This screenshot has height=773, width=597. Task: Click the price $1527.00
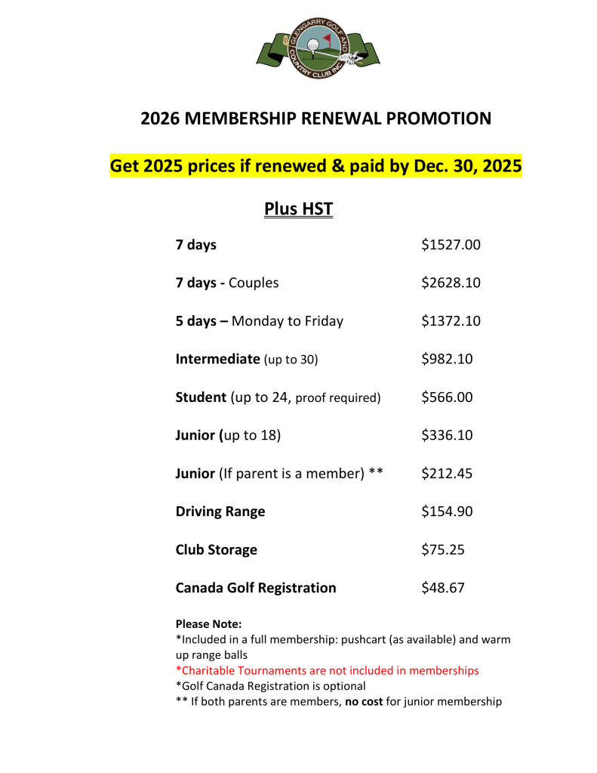[x=451, y=245]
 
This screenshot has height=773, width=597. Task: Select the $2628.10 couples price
[x=451, y=283]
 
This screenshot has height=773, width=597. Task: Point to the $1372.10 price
[x=451, y=321]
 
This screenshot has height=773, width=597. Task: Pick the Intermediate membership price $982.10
[x=447, y=359]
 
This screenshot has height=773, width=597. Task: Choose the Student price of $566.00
[x=447, y=397]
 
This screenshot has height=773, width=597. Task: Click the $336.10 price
[x=447, y=435]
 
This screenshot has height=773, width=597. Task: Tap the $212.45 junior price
[x=447, y=474]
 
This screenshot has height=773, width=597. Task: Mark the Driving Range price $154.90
[x=447, y=512]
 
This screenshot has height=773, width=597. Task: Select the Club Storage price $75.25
[x=443, y=549]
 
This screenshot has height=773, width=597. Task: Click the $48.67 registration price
[x=443, y=588]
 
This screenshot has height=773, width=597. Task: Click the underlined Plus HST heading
[x=298, y=209]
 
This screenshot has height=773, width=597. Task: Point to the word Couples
[x=254, y=283]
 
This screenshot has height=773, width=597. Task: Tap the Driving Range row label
[x=220, y=512]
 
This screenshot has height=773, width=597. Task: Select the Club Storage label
[x=216, y=549]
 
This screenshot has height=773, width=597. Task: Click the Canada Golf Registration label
[x=256, y=588]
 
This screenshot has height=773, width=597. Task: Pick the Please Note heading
[x=208, y=624]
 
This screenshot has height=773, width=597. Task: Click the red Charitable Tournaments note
[x=327, y=670]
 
